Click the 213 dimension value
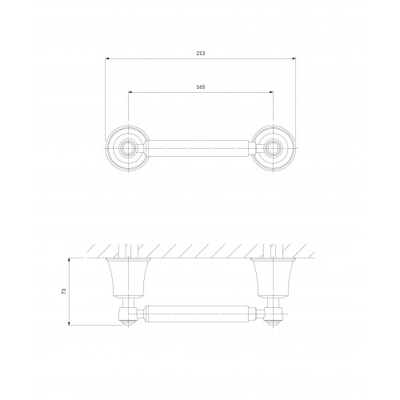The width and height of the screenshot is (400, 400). [x=201, y=54]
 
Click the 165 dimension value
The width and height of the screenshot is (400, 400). [x=201, y=87]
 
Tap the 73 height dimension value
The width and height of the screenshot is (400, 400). [x=64, y=291]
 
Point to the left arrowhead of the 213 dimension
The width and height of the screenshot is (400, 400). [x=107, y=58]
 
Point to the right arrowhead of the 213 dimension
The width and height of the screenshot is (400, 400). [x=294, y=58]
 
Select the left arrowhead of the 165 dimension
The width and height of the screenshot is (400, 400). [x=130, y=92]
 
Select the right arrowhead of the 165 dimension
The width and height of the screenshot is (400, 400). [x=271, y=92]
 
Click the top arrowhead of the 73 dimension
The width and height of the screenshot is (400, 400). [x=69, y=260]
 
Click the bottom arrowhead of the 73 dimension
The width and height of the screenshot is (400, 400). [x=69, y=323]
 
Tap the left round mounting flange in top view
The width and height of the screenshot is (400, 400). [x=127, y=148]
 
